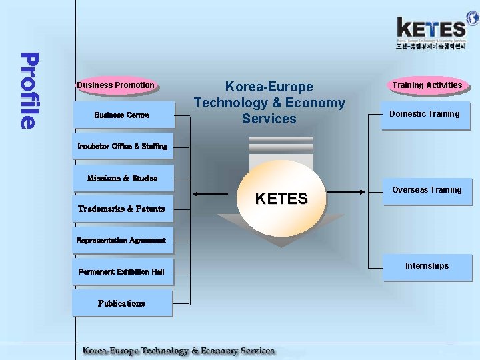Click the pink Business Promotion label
116,85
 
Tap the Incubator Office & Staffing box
113,147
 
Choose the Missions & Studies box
123,178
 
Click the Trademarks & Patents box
122,209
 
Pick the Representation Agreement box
113,240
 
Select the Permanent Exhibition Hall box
121,271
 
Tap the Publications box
122,303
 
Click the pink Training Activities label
427,85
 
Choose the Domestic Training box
425,115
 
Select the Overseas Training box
427,191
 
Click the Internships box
427,267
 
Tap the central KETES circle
281,199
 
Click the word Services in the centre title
269,119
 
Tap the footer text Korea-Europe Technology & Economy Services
178,351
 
